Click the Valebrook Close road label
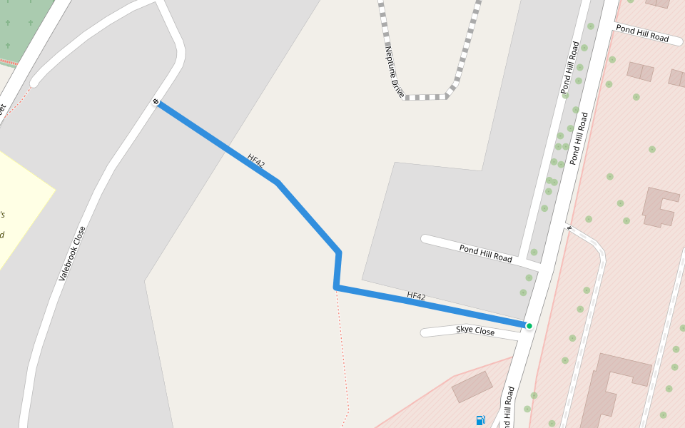tap(72, 253)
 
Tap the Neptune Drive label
tap(395, 72)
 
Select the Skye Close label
tap(475, 331)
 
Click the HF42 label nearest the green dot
tap(416, 295)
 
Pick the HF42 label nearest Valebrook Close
tap(256, 161)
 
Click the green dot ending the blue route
tap(529, 326)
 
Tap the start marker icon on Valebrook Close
tap(156, 102)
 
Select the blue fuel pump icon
tap(480, 420)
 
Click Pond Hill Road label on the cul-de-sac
tap(485, 253)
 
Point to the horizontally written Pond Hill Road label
tap(642, 33)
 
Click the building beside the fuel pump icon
tap(472, 386)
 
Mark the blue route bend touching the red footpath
tap(335, 287)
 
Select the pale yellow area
tap(18, 207)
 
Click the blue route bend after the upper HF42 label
tap(277, 183)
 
